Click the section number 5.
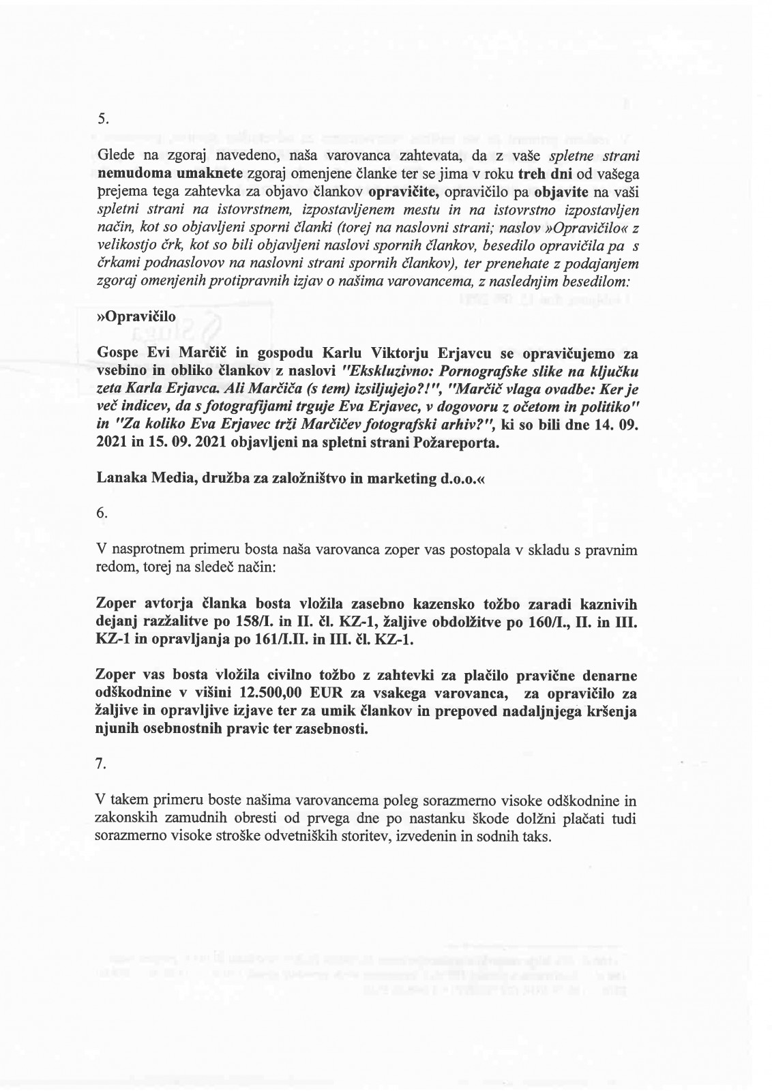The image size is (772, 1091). (x=102, y=118)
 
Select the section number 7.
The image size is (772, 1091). (x=102, y=765)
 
